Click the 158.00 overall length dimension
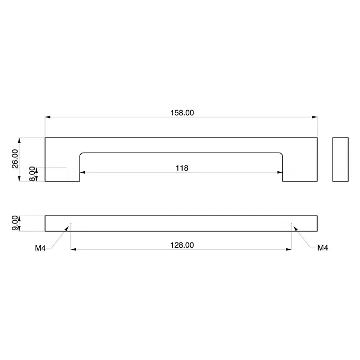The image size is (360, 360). [182, 113]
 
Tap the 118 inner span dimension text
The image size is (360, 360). [182, 168]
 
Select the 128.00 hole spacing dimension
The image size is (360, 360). [182, 245]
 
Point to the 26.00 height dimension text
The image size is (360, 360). [15, 159]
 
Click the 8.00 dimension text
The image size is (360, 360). [33, 174]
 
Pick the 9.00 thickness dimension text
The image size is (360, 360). [15, 223]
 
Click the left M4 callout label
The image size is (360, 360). [40, 248]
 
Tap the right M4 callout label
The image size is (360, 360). [323, 248]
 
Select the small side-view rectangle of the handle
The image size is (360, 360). [340, 159]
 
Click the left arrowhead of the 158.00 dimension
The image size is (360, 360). [48, 117]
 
